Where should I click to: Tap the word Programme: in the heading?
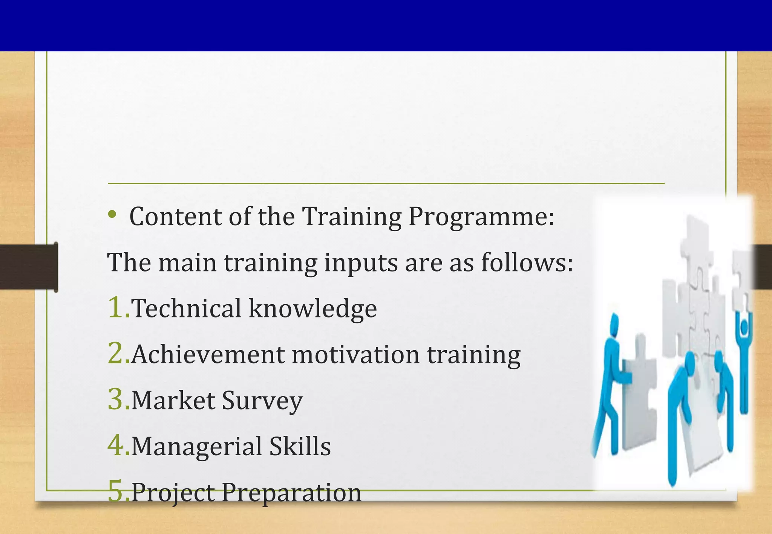(x=481, y=218)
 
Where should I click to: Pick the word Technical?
(x=186, y=308)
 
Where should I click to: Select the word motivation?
(x=355, y=355)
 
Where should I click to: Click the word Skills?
(x=300, y=446)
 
